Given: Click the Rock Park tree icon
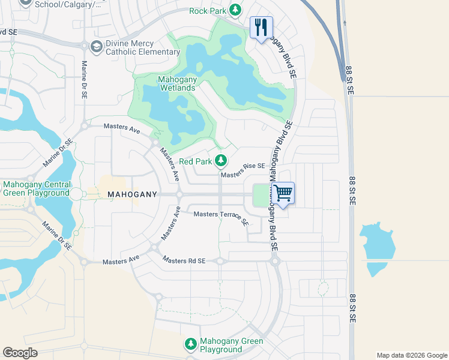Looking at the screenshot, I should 235,10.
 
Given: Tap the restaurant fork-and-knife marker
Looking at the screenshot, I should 261,27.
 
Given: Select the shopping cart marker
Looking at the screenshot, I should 283,193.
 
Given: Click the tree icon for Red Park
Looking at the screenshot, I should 221,161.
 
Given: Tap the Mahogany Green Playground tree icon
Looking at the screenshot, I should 190,344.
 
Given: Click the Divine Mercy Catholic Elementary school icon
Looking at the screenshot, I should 96,47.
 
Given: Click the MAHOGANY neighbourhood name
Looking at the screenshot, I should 132,194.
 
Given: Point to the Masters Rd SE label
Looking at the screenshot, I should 184,260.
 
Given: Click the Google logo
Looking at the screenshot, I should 20,353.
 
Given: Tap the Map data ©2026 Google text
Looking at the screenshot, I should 411,355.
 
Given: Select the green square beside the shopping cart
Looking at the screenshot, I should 261,195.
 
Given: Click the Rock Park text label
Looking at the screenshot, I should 207,11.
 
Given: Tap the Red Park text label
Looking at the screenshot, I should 196,162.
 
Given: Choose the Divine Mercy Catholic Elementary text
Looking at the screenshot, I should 143,48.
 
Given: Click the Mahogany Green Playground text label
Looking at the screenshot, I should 231,345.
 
